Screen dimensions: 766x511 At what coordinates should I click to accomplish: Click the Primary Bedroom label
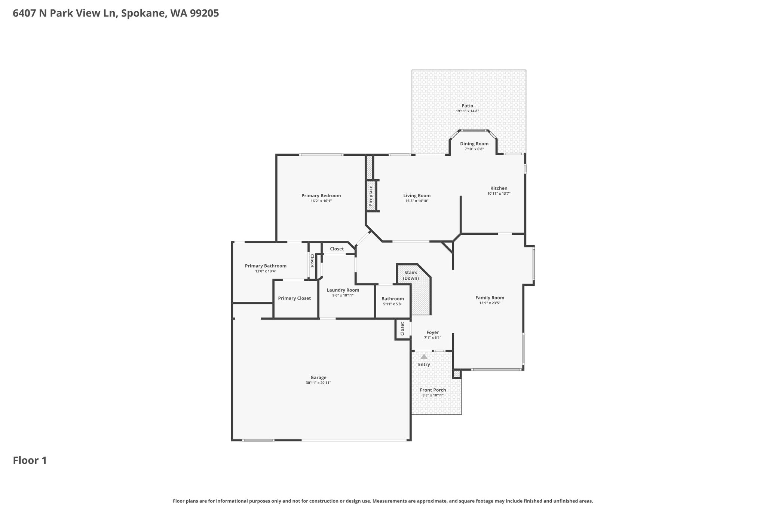click(x=321, y=195)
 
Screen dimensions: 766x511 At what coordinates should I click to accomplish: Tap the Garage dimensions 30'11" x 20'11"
click(x=318, y=383)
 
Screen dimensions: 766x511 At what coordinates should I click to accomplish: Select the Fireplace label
click(x=371, y=195)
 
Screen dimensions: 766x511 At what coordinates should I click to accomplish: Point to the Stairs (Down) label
click(x=411, y=276)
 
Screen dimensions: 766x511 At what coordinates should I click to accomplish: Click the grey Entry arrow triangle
click(x=424, y=357)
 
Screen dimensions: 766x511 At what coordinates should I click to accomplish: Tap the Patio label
click(x=467, y=106)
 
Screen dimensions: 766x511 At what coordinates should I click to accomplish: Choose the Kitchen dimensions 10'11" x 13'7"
click(x=499, y=194)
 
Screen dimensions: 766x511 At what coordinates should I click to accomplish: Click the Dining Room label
click(x=474, y=144)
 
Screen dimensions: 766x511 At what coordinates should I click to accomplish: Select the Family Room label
click(x=490, y=298)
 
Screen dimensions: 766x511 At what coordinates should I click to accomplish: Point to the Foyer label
click(x=433, y=332)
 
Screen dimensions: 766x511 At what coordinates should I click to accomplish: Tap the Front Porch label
click(x=433, y=390)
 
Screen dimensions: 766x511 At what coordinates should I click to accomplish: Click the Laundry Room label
click(x=343, y=290)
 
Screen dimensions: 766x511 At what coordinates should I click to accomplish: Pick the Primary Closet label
click(x=294, y=298)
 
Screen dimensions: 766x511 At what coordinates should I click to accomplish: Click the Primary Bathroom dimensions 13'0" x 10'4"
click(x=266, y=271)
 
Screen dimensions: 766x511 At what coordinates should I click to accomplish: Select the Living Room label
click(x=417, y=195)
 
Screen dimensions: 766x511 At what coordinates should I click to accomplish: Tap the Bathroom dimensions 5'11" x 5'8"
click(x=393, y=304)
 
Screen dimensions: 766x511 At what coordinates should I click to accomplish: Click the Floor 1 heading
click(x=30, y=460)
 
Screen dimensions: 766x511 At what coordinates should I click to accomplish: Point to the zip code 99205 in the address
click(x=204, y=13)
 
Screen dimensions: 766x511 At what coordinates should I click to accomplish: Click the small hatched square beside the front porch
click(x=457, y=374)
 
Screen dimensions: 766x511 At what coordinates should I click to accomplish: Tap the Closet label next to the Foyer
click(x=402, y=329)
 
